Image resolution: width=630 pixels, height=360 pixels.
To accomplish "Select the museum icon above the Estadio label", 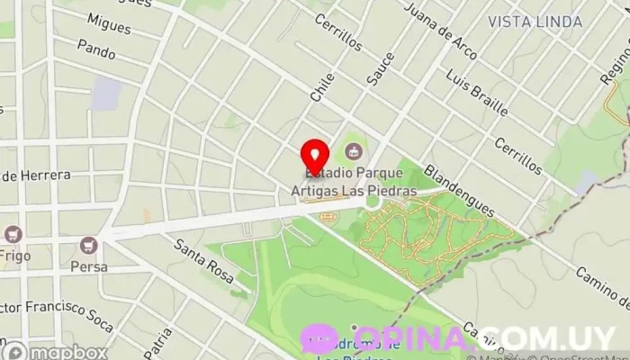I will [354, 151].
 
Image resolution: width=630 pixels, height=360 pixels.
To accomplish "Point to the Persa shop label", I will [88, 266].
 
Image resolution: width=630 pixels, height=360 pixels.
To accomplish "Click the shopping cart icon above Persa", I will [88, 245].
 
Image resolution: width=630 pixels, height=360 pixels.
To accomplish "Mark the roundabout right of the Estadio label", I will [373, 203].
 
